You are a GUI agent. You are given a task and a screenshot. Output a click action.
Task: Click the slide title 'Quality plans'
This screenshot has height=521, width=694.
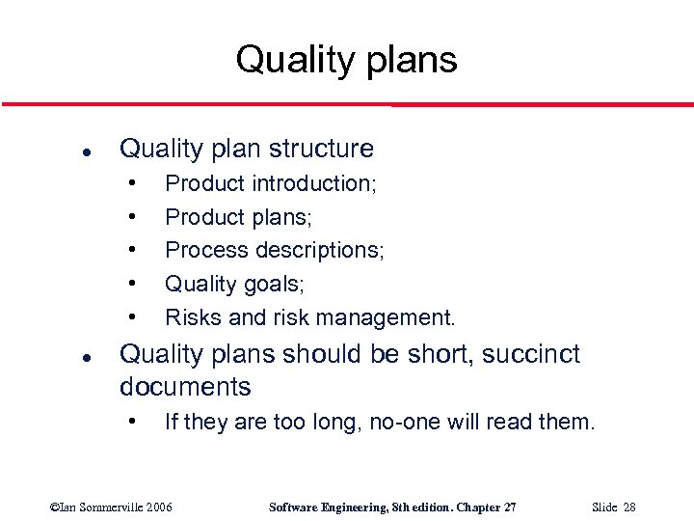[346, 60]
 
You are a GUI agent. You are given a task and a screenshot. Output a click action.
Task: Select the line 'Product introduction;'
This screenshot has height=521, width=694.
[271, 183]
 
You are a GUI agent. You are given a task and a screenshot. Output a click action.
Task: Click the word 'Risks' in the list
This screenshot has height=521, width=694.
[191, 316]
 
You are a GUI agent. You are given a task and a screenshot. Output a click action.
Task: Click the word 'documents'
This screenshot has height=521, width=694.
[185, 387]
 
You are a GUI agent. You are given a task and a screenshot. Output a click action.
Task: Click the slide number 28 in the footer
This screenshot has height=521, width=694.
[627, 507]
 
